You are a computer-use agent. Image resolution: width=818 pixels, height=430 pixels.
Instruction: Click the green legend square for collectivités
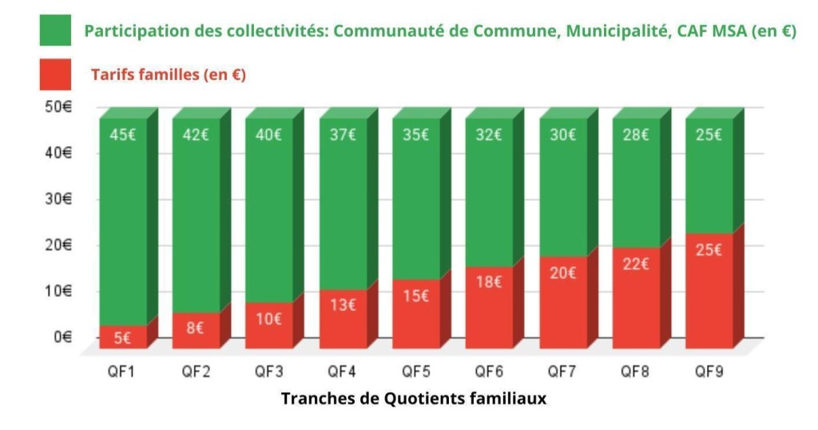55,30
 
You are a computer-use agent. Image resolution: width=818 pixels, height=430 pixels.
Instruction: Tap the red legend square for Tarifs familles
55,74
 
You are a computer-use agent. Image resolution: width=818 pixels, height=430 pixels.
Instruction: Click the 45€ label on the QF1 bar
122,135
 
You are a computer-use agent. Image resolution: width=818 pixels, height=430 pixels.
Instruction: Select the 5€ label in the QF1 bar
122,338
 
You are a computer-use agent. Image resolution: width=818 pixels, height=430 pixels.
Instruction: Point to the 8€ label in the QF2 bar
195,328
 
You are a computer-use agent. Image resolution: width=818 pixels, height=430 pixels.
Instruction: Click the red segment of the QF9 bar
709,291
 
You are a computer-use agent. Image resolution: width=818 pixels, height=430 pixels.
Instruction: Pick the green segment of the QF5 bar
415,199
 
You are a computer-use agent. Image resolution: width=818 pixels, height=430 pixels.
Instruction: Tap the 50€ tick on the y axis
58,107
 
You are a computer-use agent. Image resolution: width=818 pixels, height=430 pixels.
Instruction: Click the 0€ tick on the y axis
62,337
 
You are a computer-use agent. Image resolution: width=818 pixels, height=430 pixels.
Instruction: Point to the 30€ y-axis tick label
58,199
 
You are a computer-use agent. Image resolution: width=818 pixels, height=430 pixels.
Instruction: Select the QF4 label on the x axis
342,372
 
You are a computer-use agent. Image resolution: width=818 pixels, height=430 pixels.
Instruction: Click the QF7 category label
562,372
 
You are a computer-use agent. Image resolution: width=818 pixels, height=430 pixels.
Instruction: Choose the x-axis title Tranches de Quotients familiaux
414,399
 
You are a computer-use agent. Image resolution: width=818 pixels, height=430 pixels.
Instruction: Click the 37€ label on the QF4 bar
343,135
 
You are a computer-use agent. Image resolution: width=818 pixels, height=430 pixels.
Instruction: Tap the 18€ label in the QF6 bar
489,282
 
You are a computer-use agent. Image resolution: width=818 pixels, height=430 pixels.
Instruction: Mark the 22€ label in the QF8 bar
635,264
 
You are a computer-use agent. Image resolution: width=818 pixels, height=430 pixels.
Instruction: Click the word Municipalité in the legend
617,31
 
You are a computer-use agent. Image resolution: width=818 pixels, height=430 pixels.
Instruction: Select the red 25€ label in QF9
709,250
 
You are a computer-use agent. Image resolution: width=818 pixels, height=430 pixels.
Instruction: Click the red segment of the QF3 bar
268,325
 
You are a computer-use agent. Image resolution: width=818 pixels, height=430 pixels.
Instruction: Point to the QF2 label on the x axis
196,372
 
